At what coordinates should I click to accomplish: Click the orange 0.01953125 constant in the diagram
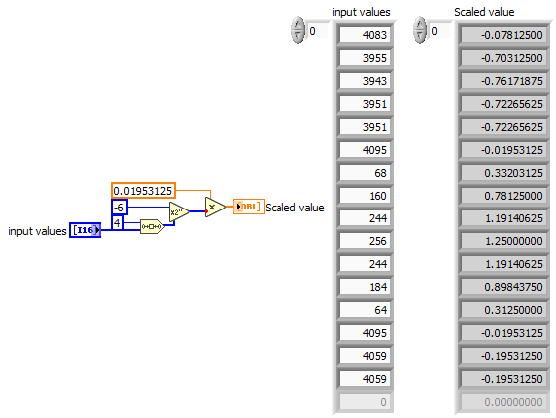click(x=145, y=190)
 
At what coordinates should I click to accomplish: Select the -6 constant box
click(x=120, y=207)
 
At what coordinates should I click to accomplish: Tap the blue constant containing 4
click(x=117, y=223)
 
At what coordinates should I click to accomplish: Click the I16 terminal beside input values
click(x=85, y=231)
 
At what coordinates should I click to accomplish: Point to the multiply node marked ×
click(x=214, y=207)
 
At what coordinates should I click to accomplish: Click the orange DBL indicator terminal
click(x=247, y=207)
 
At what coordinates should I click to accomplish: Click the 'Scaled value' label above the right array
click(x=484, y=12)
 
